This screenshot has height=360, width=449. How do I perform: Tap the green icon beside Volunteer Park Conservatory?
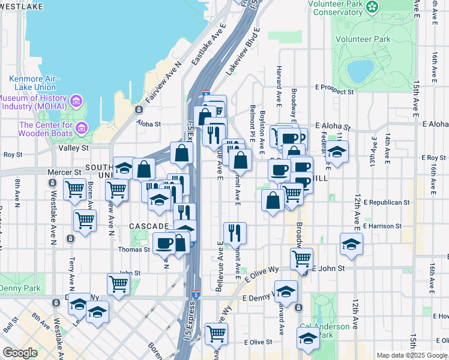click(x=373, y=7)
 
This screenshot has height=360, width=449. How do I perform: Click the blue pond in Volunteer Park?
click(x=361, y=71)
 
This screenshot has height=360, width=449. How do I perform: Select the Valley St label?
click(x=73, y=148)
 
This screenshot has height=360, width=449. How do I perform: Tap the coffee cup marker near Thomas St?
click(x=164, y=243)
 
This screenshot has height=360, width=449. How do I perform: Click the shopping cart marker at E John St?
click(x=301, y=259)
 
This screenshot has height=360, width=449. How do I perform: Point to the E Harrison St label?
click(x=382, y=226)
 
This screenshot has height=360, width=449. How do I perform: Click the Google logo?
click(x=20, y=353)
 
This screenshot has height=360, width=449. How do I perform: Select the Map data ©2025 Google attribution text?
click(x=412, y=355)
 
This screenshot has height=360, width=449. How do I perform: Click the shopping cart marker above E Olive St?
click(x=216, y=333)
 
